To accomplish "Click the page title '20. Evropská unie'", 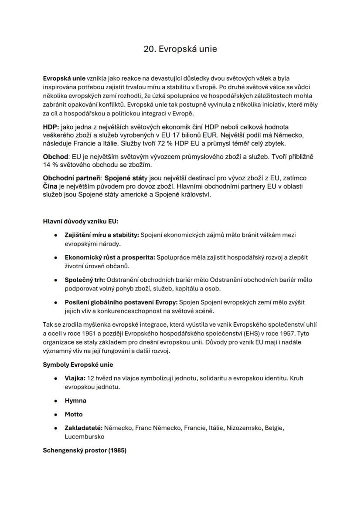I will click(180, 49).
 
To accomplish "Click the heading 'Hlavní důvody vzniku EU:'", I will click(81, 221).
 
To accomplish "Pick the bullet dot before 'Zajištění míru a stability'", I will click(55, 235).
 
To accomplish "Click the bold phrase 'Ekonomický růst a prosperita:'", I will click(109, 257).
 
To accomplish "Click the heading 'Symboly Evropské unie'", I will click(78, 364).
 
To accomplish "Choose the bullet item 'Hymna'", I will click(75, 400).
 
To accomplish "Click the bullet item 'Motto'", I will click(74, 414).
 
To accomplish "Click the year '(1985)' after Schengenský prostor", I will click(117, 450).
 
